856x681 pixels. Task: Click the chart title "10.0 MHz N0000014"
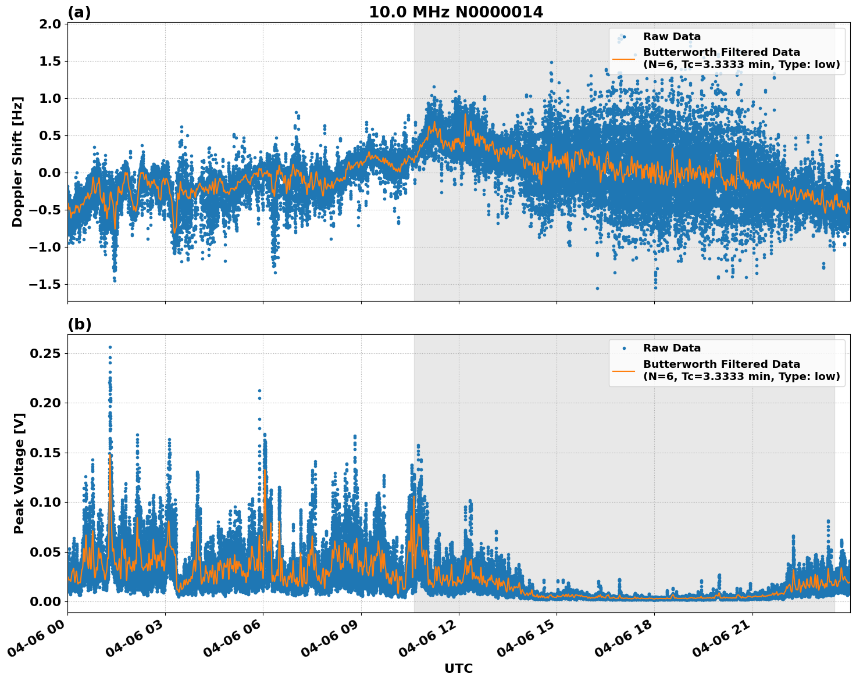pyautogui.click(x=456, y=12)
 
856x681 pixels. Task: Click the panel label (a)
pyautogui.click(x=79, y=12)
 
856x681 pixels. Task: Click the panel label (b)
pyautogui.click(x=79, y=324)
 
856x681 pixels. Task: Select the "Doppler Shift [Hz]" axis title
pyautogui.click(x=17, y=162)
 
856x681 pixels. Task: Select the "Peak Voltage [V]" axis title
pyautogui.click(x=19, y=473)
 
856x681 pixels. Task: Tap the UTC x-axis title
pyautogui.click(x=458, y=668)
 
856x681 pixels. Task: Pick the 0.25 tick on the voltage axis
pyautogui.click(x=48, y=353)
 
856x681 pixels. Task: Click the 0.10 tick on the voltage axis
pyautogui.click(x=48, y=502)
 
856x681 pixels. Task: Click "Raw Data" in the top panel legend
pyautogui.click(x=672, y=37)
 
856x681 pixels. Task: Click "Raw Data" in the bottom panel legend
pyautogui.click(x=672, y=348)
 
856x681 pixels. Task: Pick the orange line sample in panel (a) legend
pyautogui.click(x=623, y=59)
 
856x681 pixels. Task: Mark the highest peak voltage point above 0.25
pyautogui.click(x=110, y=347)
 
